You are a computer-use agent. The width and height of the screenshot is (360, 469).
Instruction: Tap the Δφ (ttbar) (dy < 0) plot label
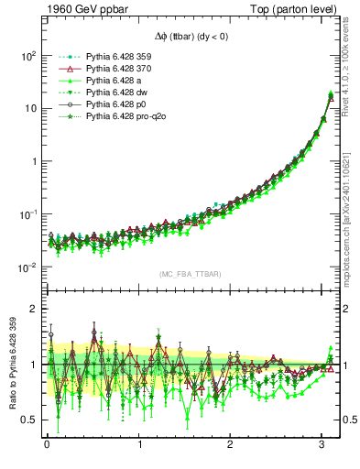pyautogui.click(x=180, y=37)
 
